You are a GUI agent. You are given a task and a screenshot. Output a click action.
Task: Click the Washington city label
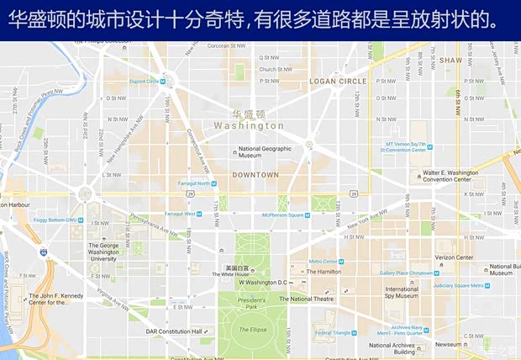[x=249, y=125]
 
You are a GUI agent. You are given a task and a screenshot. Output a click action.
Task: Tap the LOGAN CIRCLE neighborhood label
[x=338, y=82]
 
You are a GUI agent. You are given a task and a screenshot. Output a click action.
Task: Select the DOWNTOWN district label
[x=255, y=175]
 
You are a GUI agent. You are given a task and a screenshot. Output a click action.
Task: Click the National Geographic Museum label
[x=265, y=152]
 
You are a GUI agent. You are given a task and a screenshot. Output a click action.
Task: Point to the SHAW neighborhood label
[x=450, y=61]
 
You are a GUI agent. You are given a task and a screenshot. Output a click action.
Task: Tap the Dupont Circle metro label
[x=144, y=82]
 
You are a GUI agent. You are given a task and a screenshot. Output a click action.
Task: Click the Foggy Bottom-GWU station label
[x=55, y=220]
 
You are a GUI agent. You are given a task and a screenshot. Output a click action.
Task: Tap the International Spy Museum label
[x=401, y=294]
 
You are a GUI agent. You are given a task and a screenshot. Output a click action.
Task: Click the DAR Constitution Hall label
[x=174, y=331]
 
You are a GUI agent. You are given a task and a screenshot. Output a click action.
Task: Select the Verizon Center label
[x=454, y=258]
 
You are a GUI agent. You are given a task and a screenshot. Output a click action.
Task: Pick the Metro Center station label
[x=323, y=262]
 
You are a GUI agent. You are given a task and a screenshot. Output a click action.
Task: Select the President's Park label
[x=250, y=304]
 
